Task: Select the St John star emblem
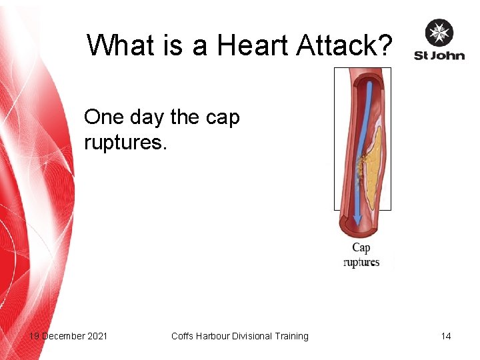439,33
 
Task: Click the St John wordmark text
439,55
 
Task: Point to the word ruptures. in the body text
126,143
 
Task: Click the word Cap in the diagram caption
361,247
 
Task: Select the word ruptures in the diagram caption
361,262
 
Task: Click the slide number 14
445,336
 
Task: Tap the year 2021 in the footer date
96,336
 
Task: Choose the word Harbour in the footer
214,336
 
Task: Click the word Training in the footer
290,336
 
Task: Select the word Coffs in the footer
183,336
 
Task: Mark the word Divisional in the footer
252,336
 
